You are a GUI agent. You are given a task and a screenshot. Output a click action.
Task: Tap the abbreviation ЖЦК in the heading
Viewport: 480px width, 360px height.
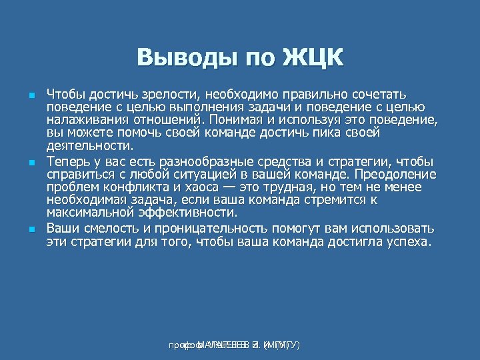tap(313, 57)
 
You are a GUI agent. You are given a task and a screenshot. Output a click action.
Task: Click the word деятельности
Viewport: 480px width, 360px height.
tap(90, 145)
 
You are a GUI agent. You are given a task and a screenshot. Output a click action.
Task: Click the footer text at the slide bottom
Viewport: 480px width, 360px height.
tap(233, 345)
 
